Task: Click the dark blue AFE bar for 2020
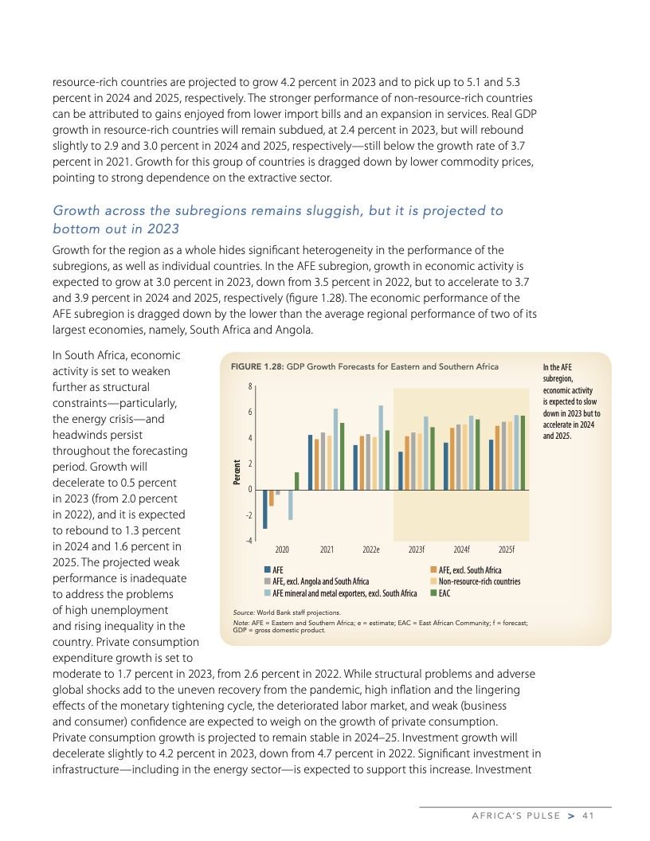(x=265, y=509)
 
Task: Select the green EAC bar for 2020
(x=297, y=481)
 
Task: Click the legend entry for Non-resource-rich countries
(x=475, y=581)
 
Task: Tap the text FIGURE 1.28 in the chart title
(x=260, y=366)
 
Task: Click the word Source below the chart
(x=242, y=612)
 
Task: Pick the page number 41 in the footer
(x=589, y=815)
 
